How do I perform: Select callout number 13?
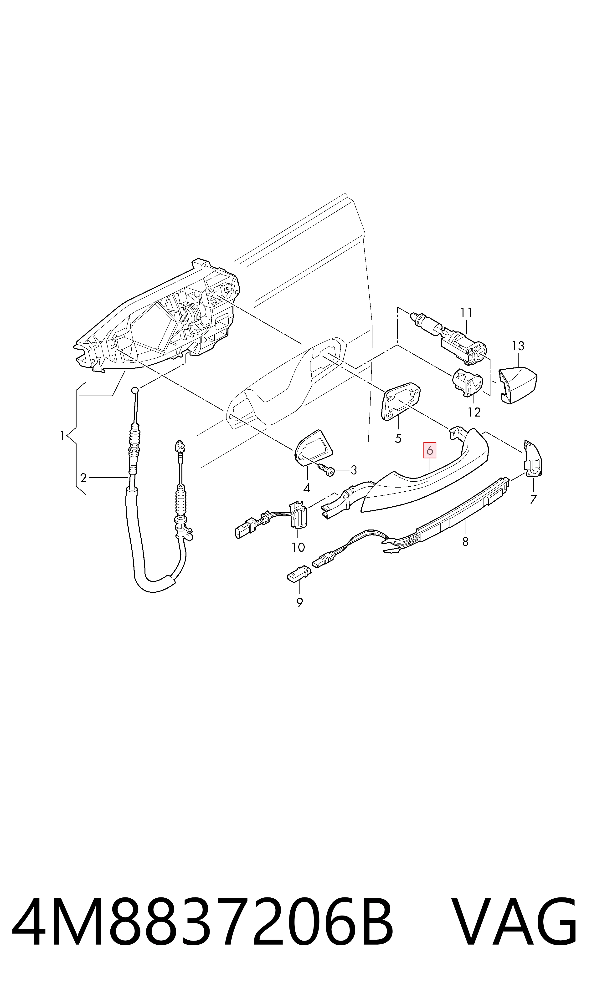pos(518,346)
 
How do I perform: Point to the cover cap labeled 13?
pos(518,386)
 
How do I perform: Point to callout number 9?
pos(300,602)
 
